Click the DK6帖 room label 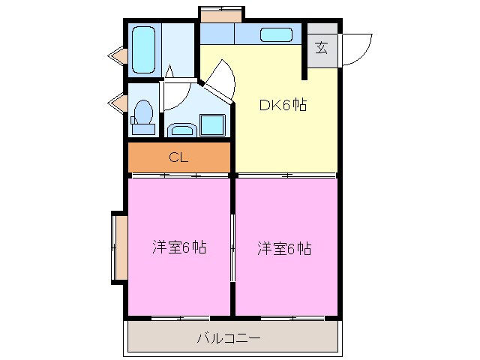(283, 106)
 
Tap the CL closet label (178, 157)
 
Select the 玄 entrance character (322, 49)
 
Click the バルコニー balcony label (229, 338)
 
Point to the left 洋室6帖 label (179, 248)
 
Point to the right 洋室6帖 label (284, 248)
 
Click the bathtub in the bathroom (144, 50)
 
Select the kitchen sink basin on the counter (276, 34)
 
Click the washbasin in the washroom (181, 130)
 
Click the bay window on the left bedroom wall (118, 248)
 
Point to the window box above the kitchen (221, 14)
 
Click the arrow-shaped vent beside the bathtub (116, 55)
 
